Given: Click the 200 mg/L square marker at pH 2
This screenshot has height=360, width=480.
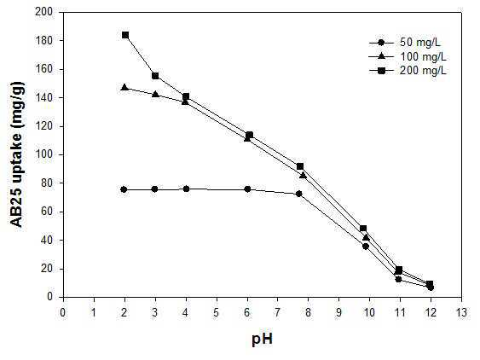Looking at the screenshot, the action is (125, 35).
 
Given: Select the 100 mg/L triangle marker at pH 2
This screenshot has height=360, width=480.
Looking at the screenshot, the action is (124, 87).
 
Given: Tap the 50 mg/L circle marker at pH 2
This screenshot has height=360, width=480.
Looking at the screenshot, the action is (124, 189).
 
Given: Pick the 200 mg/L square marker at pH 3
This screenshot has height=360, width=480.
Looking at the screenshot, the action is (155, 76).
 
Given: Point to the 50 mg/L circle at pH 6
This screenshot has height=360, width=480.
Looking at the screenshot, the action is (247, 189).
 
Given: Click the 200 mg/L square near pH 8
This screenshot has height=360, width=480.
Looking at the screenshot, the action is (300, 166).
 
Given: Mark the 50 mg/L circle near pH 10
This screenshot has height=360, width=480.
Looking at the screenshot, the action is (366, 246).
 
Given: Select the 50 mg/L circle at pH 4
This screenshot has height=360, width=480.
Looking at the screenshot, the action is (186, 189).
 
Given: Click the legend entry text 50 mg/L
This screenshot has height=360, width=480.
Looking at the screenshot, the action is (420, 43).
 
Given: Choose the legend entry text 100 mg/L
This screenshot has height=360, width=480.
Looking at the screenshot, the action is (424, 56).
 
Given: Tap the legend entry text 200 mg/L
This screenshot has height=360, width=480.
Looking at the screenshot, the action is (424, 71).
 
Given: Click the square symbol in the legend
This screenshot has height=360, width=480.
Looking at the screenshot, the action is (381, 71).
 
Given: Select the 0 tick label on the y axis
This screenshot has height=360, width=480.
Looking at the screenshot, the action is (49, 296).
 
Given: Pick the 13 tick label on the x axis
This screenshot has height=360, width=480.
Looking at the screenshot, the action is (461, 312).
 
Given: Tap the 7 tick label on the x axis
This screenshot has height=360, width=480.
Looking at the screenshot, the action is (278, 312).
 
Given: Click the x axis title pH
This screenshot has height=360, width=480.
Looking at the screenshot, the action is (263, 340).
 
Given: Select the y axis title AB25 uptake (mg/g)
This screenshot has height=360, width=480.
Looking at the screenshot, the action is (17, 154).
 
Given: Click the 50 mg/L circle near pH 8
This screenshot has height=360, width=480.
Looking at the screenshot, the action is (298, 194).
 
